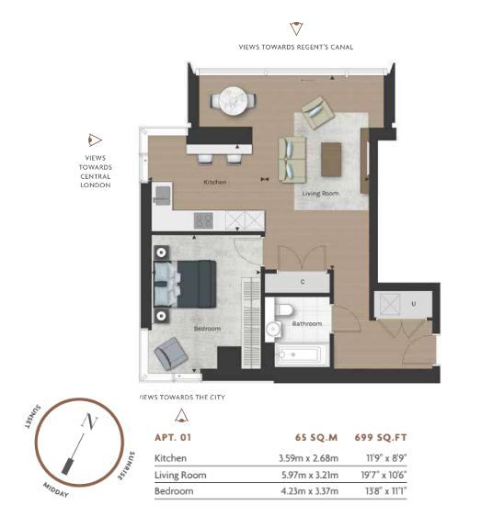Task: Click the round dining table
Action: point(233,101)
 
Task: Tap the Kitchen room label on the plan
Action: point(215,182)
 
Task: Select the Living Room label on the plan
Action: point(320,194)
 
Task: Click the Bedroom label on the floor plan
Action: point(207,329)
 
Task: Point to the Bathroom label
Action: point(307,323)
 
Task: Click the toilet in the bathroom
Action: point(284,309)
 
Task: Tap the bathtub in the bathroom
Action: point(302,354)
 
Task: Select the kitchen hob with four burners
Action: point(203,220)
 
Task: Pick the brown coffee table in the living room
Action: point(331,160)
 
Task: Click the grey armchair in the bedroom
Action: point(171,353)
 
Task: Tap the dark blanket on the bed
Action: point(197,284)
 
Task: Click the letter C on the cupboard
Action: point(303,282)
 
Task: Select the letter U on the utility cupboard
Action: point(414,304)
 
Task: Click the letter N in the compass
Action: point(89,421)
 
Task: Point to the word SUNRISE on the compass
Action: point(127,466)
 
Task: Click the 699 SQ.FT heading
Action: point(381,437)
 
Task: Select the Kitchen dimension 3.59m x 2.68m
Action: point(309,458)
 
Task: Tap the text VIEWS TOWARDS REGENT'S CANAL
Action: point(296,47)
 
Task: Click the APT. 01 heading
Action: point(173,437)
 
